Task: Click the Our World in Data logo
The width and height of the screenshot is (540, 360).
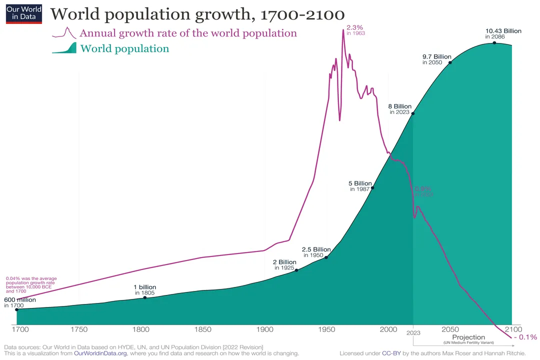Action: pos(24,12)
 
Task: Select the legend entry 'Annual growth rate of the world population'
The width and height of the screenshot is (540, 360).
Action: pos(188,33)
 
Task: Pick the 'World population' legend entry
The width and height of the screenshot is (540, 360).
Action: pos(124,48)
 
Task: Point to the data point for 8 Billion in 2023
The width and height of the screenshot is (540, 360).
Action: pos(413,113)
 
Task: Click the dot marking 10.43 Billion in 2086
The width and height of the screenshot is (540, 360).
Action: pos(494,43)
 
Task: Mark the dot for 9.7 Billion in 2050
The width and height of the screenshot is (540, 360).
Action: pos(450,62)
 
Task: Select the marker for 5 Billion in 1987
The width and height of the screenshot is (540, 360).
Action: pos(372,187)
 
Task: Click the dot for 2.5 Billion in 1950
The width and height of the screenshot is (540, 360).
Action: pos(326,257)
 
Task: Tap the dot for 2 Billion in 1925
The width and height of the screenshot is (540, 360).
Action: pos(296,270)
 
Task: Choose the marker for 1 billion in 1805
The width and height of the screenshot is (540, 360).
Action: pos(145,297)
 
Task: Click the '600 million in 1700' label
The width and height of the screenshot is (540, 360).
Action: pos(20,302)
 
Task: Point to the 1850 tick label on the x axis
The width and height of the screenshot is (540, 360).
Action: pos(202,329)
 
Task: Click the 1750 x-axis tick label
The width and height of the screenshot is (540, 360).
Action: pos(79,329)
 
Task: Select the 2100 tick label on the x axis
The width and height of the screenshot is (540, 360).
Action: pos(513,329)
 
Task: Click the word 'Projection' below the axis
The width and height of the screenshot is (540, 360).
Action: pos(468,337)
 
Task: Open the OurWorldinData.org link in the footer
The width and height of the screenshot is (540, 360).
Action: pos(104,353)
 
